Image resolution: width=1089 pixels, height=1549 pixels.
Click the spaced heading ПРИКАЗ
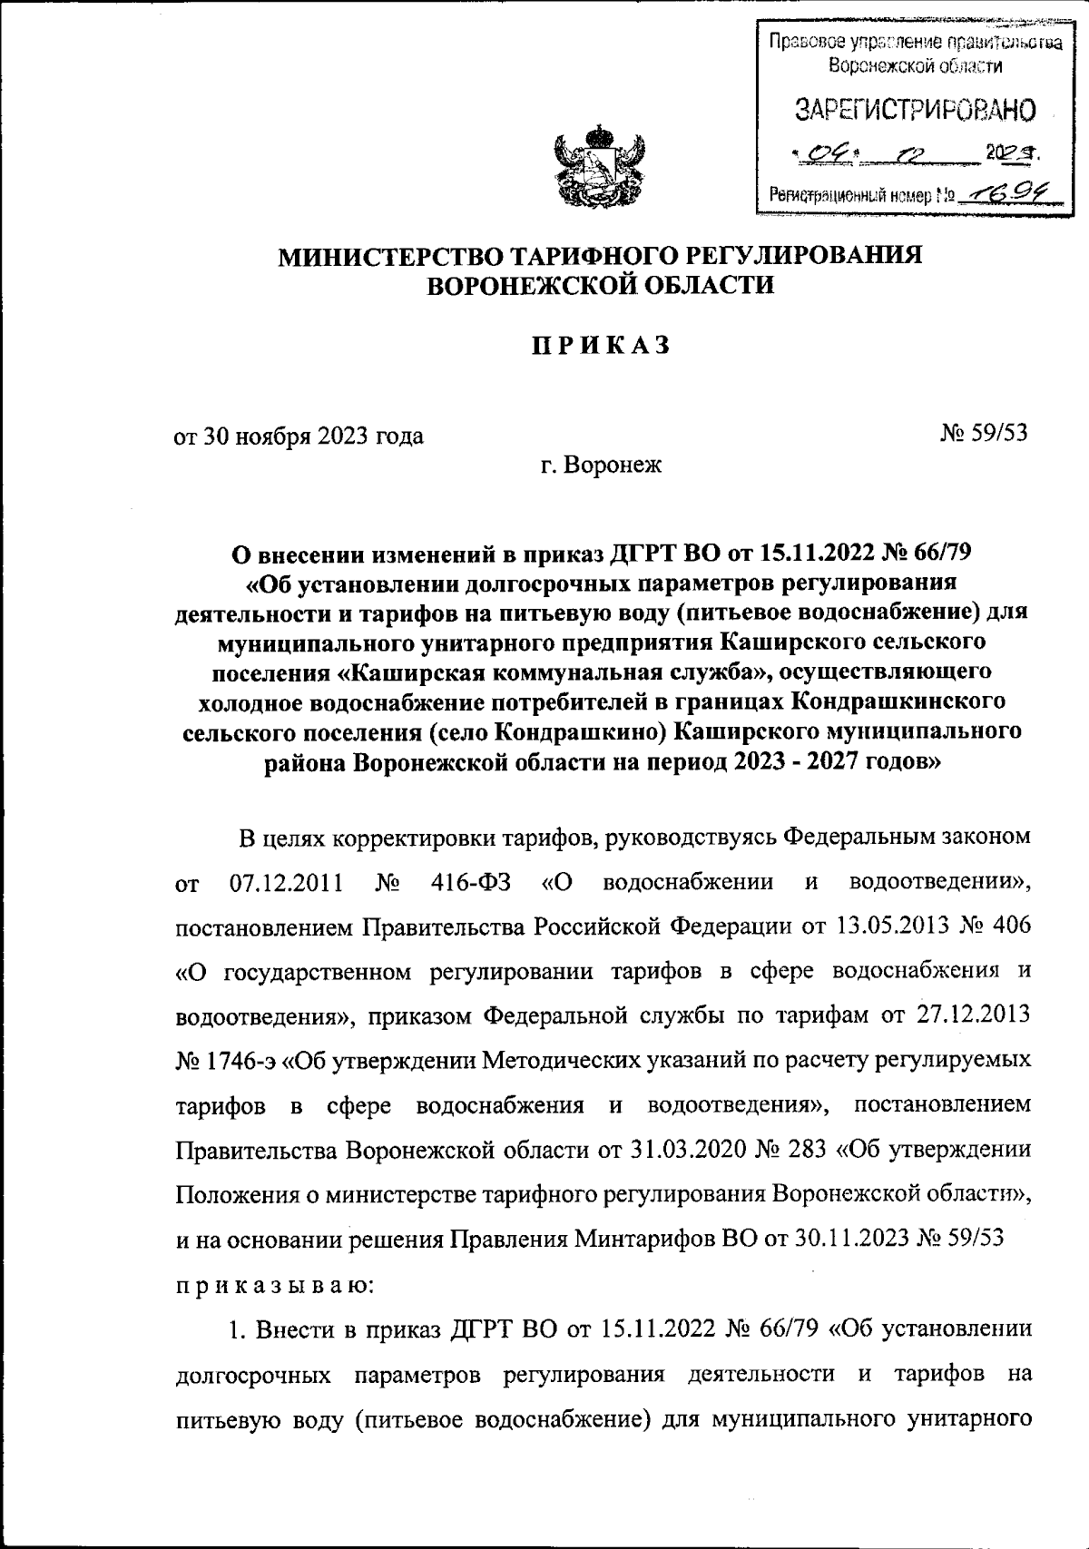pyautogui.click(x=600, y=346)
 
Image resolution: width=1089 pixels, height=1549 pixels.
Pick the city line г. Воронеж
pyautogui.click(x=602, y=466)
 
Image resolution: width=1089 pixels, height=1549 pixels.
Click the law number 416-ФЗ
pyautogui.click(x=474, y=883)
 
